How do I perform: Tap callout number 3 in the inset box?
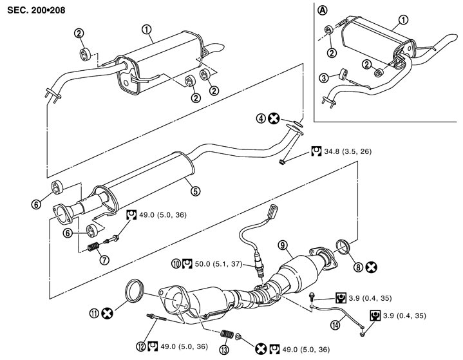[324, 77]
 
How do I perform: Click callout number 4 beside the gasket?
[261, 118]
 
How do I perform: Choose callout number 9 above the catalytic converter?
[281, 245]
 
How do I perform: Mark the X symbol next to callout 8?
[372, 265]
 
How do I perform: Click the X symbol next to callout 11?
[107, 314]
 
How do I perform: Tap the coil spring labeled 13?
[226, 335]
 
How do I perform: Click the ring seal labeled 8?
[346, 247]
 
